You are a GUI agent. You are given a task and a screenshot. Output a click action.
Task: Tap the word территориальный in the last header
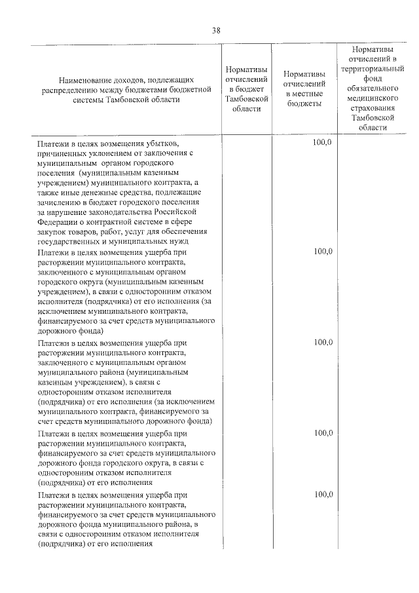point(372,67)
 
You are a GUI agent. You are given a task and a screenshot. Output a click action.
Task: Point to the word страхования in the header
point(372,107)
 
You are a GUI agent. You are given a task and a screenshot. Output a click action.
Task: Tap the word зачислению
point(60,202)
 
